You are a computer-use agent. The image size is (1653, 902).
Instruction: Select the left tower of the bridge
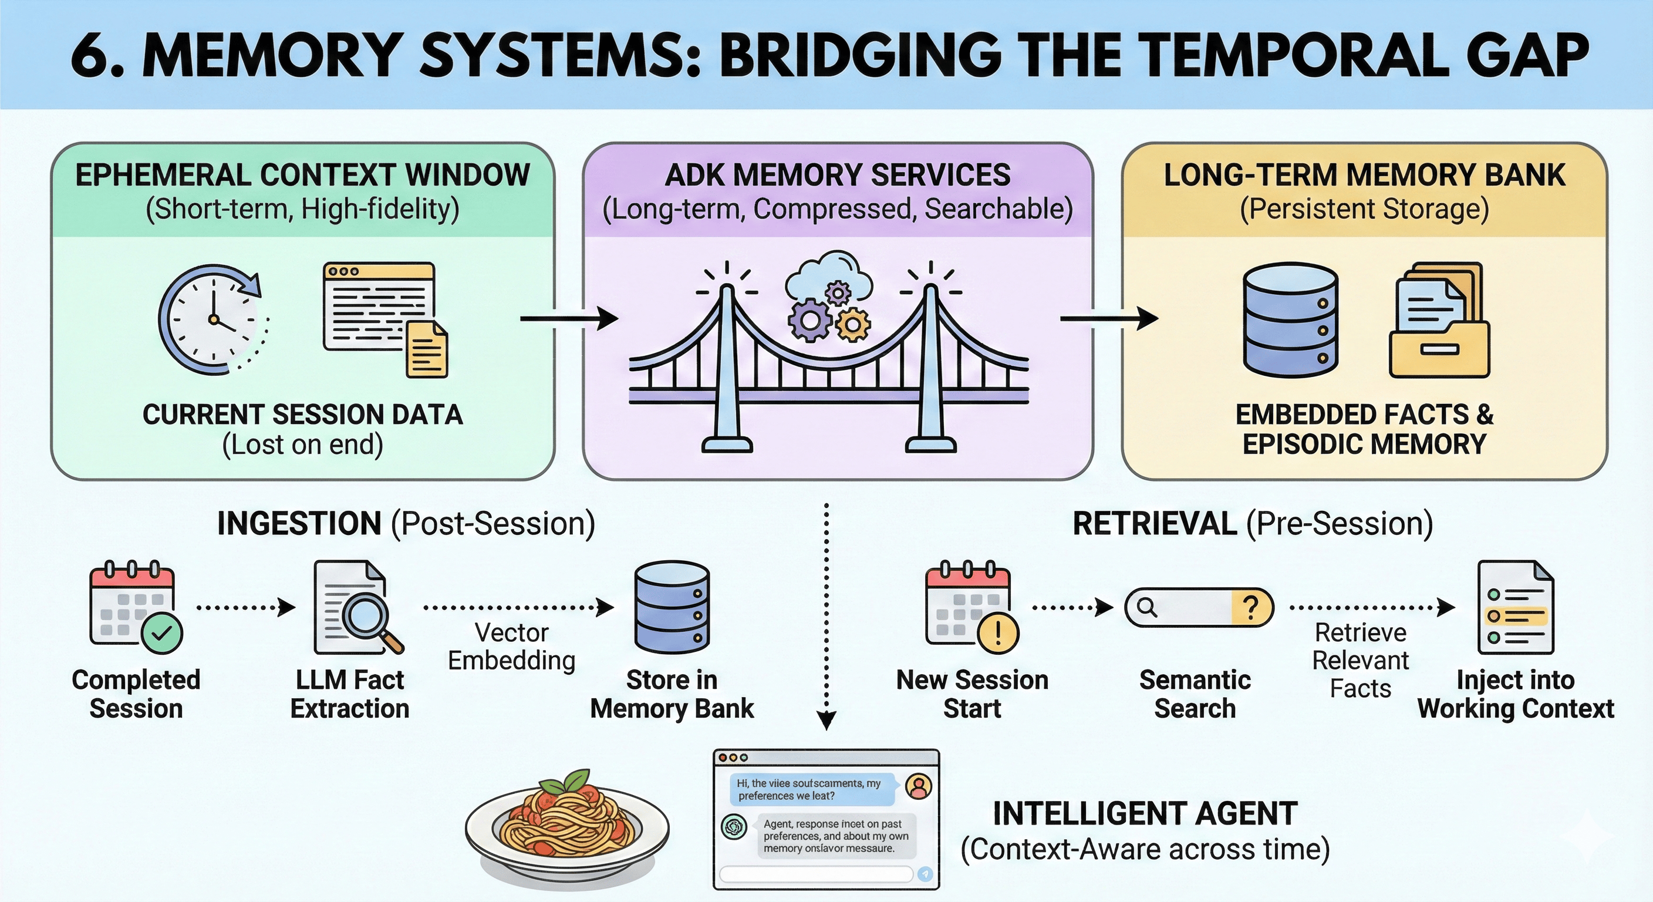tap(727, 366)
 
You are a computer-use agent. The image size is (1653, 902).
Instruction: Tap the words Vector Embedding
tap(511, 647)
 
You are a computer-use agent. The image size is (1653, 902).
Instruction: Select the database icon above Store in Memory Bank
tap(672, 607)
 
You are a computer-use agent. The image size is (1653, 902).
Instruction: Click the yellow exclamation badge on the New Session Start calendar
tap(997, 633)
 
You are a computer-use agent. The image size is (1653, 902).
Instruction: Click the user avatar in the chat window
tap(918, 786)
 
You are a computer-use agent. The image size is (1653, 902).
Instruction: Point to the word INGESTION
tap(299, 523)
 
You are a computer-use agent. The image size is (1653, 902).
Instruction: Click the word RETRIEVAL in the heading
tap(1155, 523)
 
